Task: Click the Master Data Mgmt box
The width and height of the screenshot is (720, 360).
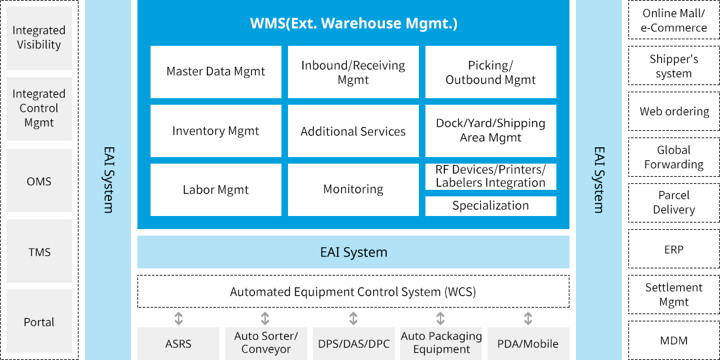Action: (x=216, y=72)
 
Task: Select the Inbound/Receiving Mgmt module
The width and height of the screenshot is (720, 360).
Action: (x=353, y=72)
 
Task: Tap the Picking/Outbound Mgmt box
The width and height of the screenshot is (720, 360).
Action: (x=491, y=72)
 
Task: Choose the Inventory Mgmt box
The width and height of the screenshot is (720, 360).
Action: (x=216, y=131)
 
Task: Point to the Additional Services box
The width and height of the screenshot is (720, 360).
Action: (x=353, y=131)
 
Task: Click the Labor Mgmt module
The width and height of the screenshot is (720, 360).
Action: (x=216, y=190)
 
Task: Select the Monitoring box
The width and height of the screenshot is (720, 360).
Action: (x=353, y=190)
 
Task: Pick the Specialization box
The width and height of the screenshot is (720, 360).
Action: (x=491, y=206)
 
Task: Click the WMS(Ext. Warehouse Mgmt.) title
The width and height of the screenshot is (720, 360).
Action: (x=353, y=24)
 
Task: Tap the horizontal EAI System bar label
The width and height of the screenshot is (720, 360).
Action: (x=353, y=252)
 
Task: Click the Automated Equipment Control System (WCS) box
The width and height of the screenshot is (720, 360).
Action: (x=353, y=291)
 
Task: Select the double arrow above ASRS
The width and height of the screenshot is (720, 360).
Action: (x=179, y=319)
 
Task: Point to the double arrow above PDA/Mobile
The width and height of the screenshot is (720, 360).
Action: (x=528, y=319)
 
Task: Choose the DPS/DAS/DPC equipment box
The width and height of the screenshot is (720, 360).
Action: (x=353, y=344)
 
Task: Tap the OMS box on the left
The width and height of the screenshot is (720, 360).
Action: (x=39, y=181)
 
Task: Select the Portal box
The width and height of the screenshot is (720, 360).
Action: (x=39, y=322)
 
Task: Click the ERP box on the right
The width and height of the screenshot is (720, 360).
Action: (x=674, y=249)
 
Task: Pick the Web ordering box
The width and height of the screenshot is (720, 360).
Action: (x=674, y=111)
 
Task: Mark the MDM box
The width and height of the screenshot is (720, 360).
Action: (x=674, y=340)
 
